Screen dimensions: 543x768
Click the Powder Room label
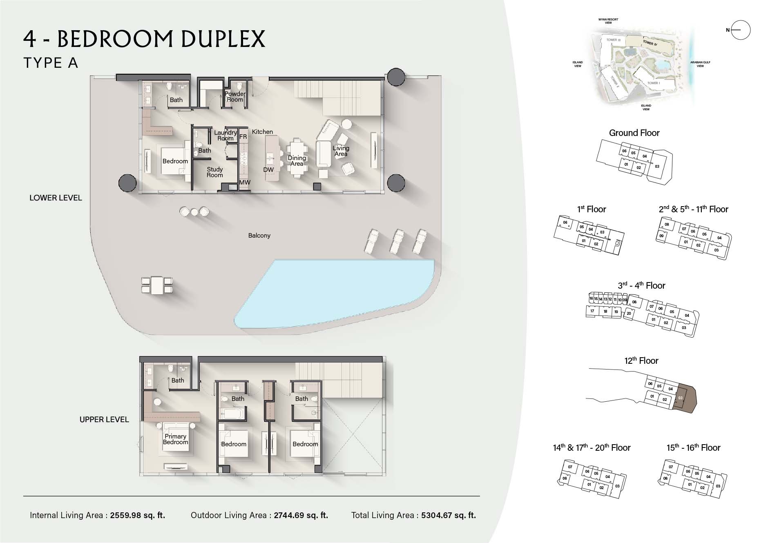tap(235, 97)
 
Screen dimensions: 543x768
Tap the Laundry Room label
tap(225, 135)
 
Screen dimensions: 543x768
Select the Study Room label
tap(214, 172)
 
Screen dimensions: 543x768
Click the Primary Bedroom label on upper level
tap(176, 439)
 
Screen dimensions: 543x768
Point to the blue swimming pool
tap(335, 292)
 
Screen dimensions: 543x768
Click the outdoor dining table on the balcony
tap(157, 285)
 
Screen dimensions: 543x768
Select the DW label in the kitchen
tap(268, 170)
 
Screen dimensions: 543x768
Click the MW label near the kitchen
tap(245, 182)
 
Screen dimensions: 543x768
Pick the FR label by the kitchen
tap(243, 137)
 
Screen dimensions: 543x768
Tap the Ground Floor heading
tap(634, 133)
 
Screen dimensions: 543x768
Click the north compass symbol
tap(740, 30)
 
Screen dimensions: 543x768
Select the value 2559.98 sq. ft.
tap(137, 515)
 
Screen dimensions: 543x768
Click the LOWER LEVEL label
tap(56, 198)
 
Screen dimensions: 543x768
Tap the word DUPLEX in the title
tap(223, 39)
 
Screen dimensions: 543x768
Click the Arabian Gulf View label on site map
tap(700, 64)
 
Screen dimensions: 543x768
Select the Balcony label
tap(259, 236)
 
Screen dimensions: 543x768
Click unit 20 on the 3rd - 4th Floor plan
tap(629, 314)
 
